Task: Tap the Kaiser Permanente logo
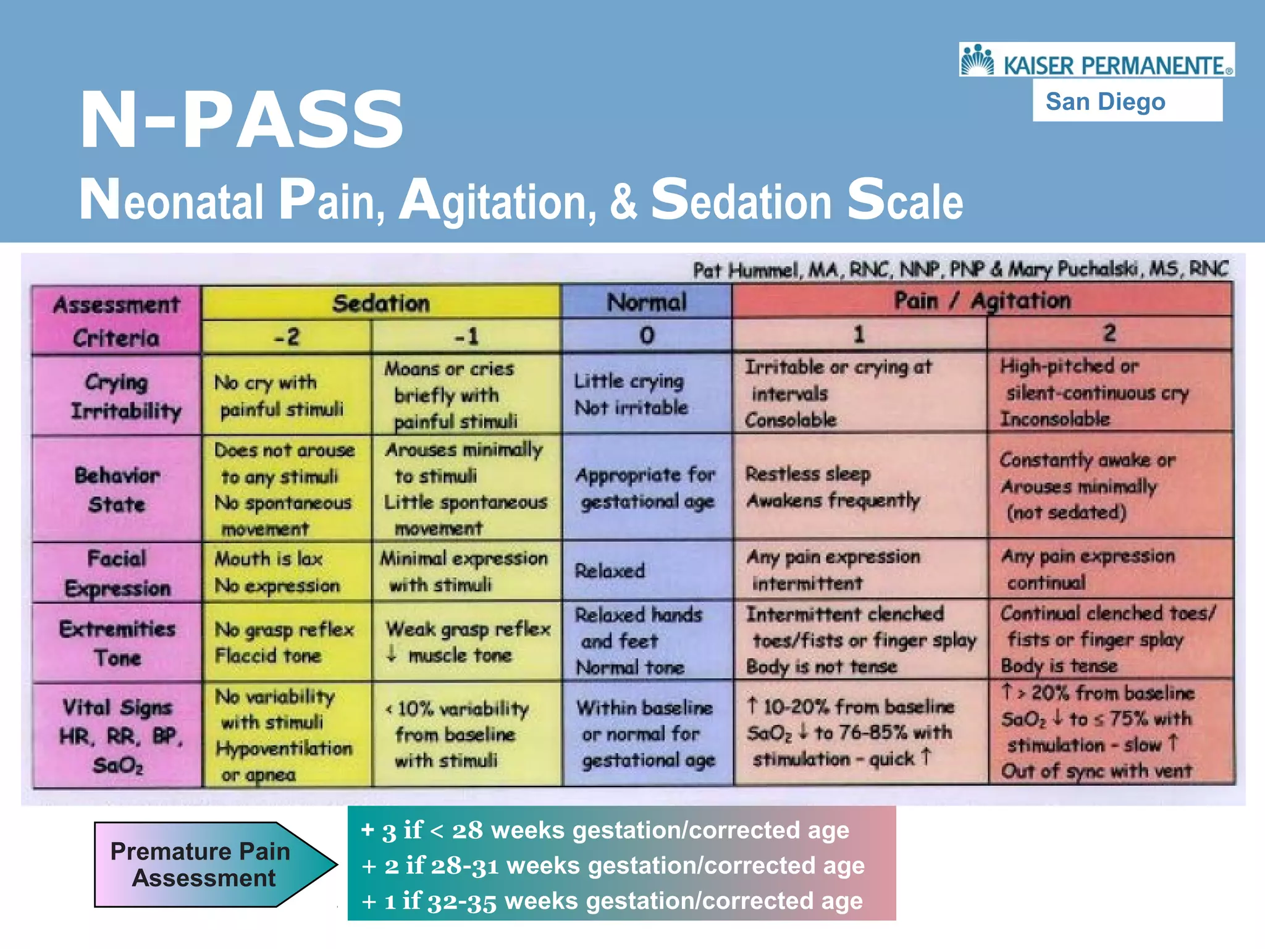point(1096,61)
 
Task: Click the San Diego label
point(1106,101)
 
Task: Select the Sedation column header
point(380,303)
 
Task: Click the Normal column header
point(646,302)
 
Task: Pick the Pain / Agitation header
point(982,301)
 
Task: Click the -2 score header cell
point(287,337)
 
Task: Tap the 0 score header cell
point(646,335)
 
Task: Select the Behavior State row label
point(117,489)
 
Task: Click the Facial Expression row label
point(117,573)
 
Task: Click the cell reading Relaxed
point(610,570)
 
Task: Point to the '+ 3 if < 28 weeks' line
point(605,830)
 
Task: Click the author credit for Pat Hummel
point(960,269)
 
